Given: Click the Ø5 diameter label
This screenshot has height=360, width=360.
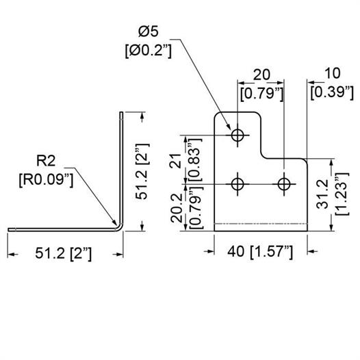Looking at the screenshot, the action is click(149, 31).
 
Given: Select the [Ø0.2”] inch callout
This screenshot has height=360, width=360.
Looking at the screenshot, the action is click(149, 51).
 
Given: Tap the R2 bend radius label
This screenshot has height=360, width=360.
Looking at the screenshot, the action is click(46, 160).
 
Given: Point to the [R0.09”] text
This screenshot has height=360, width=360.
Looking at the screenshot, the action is click(46, 180).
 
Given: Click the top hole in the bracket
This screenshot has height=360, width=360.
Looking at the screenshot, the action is click(237, 135).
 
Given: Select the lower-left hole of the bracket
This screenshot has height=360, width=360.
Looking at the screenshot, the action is click(237, 184).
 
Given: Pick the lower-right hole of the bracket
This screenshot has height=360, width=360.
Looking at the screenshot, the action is click(284, 184).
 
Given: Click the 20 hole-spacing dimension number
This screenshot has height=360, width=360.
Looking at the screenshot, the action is click(261, 75).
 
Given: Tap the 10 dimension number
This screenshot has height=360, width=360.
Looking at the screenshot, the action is click(332, 73).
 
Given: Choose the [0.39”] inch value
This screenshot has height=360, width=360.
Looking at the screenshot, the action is click(332, 93).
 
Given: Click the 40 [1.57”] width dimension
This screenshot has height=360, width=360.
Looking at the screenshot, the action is click(260, 252).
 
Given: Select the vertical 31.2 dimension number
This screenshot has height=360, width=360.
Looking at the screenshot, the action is click(322, 194).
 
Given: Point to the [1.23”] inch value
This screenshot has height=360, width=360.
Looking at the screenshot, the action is click(342, 194).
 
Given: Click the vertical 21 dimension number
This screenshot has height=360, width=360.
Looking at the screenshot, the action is click(176, 161).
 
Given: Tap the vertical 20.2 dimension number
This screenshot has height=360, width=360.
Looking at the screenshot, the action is click(177, 208).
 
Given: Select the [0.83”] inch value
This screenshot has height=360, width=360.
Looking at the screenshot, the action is click(195, 160).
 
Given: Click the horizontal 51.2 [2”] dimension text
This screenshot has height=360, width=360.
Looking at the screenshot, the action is click(64, 254).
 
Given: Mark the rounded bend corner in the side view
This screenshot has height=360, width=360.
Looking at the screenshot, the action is click(120, 227).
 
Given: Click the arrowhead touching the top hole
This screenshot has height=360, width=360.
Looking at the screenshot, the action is click(228, 127).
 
